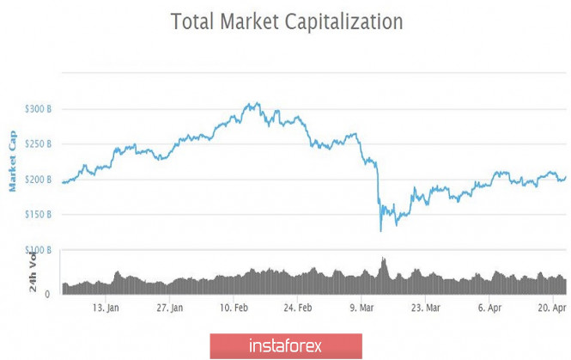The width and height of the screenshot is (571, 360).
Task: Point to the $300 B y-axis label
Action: tap(38, 109)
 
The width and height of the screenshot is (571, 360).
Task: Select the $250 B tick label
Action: tap(38, 144)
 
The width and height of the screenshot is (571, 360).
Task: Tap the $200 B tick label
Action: tap(38, 180)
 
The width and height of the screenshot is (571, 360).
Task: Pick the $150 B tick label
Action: tap(38, 214)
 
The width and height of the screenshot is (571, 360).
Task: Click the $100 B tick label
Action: tap(38, 250)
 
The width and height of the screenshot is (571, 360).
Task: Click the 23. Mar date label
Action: tap(426, 307)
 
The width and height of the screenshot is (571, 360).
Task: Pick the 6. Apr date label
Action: tap(489, 307)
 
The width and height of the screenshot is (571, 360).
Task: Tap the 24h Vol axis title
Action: tap(33, 271)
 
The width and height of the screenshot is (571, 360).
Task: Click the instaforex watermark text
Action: tap(284, 346)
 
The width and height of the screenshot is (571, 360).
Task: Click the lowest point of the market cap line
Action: tap(380, 230)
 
